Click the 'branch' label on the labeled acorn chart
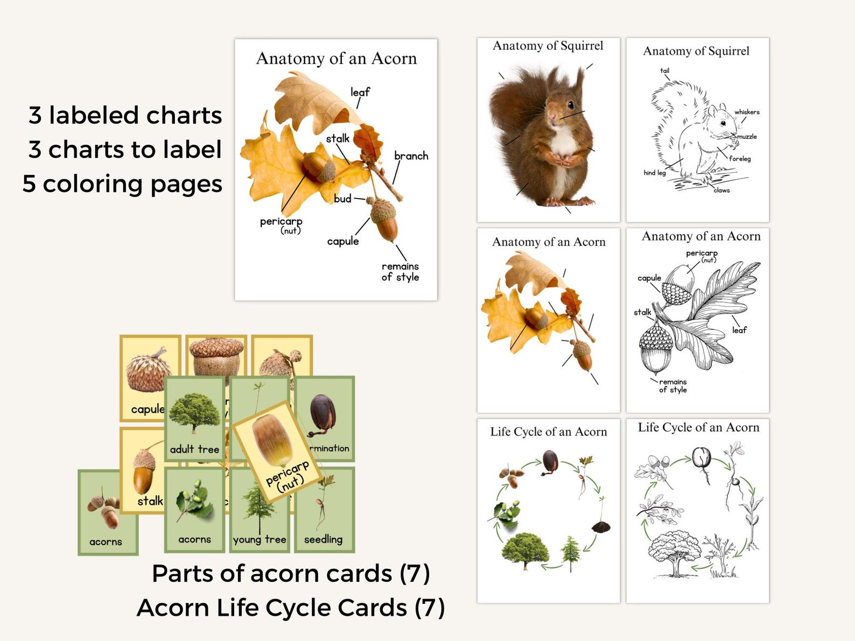[x=411, y=156]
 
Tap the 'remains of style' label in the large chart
[x=400, y=272]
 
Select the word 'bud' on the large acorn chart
[x=342, y=199]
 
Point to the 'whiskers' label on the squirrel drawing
[x=747, y=112]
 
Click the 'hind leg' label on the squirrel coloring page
[x=654, y=173]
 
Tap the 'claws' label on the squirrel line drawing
[x=721, y=190]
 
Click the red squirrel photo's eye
[x=570, y=104]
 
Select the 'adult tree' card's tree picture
[x=194, y=412]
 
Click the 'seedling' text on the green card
[x=323, y=539]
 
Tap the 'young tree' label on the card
[x=260, y=539]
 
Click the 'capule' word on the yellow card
[x=148, y=410]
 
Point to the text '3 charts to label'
[x=125, y=150]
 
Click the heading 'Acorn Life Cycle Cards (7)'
[x=291, y=608]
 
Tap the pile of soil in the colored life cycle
[x=600, y=526]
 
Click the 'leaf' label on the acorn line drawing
[x=739, y=330]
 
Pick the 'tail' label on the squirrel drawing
[x=665, y=71]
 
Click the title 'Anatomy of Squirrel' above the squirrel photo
[x=548, y=46]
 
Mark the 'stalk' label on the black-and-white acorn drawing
[x=642, y=312]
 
